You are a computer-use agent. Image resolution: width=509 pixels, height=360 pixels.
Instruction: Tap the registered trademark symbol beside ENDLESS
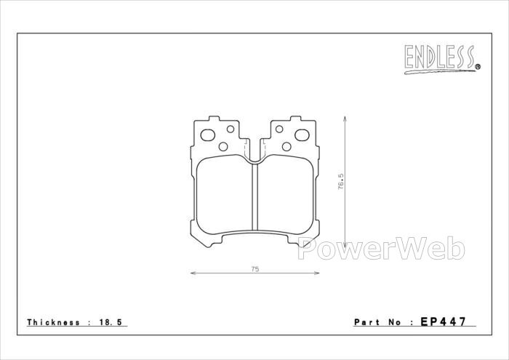tap(478, 67)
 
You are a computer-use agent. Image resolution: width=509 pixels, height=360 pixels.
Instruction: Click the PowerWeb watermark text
tap(381, 248)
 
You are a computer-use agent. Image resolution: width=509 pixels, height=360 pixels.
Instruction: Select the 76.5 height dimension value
tap(340, 182)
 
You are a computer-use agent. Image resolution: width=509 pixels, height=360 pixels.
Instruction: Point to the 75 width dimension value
tap(255, 269)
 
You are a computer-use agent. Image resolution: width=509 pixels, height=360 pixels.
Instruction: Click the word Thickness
tap(53, 322)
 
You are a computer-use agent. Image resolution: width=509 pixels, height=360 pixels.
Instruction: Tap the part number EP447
tap(443, 321)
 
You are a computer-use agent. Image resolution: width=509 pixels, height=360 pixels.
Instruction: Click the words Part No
tap(378, 322)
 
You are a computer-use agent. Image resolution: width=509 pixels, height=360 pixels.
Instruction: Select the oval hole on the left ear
tap(208, 135)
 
